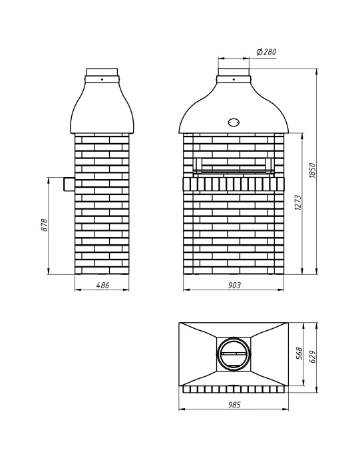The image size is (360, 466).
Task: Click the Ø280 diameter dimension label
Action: coord(266,52)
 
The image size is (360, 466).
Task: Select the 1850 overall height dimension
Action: coord(311,170)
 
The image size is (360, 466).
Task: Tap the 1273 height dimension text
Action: coord(298,202)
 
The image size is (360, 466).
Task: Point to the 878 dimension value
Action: coord(44,225)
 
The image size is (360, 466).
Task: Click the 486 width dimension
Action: coord(102,285)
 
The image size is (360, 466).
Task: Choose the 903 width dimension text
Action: coord(235,285)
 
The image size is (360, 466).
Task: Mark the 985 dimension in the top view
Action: coord(234,405)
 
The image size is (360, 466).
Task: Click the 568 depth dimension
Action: coord(299,353)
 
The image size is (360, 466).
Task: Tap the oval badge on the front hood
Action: coord(234,122)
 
